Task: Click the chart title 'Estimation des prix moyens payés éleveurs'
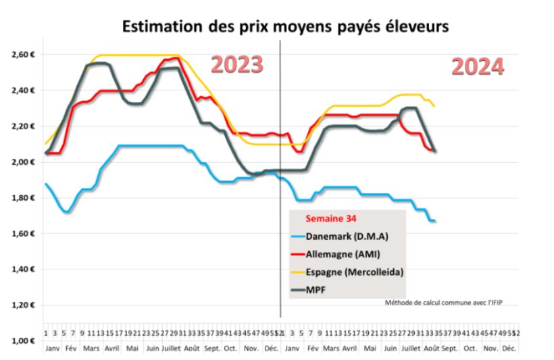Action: point(284,27)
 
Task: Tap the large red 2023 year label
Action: point(236,65)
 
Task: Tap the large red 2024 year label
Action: point(477,67)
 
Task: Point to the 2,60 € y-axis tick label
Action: point(25,54)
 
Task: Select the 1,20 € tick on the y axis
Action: point(25,305)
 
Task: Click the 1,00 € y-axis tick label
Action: point(25,341)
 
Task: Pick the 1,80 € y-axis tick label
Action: point(25,198)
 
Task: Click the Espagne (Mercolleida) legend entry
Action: point(345,272)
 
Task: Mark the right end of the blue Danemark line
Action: point(434,221)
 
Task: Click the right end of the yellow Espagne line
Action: point(434,105)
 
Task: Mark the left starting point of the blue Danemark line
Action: point(46,184)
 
